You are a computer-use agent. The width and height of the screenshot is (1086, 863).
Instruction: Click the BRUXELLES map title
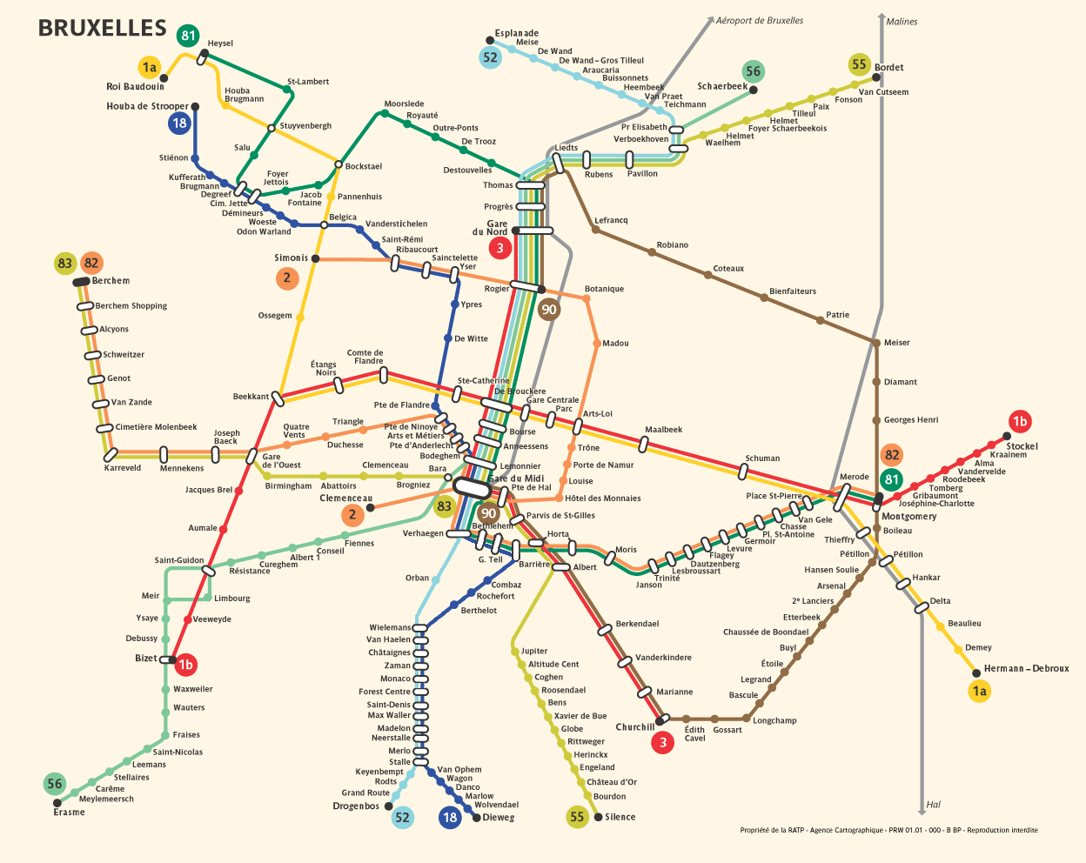(102, 28)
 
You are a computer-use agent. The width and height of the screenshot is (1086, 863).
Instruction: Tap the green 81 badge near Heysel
(188, 36)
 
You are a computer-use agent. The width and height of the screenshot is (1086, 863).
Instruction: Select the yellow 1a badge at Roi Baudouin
(150, 67)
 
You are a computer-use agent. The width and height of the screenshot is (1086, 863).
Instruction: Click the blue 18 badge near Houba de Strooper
(179, 123)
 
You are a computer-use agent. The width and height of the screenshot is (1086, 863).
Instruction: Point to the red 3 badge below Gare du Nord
(499, 248)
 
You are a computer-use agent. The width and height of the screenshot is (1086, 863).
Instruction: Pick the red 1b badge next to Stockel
(1020, 422)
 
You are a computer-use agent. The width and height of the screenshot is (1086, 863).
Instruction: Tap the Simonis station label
(291, 258)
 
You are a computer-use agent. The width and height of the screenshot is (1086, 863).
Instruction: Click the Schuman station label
(762, 458)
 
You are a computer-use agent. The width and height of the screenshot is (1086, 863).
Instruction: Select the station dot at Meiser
(876, 343)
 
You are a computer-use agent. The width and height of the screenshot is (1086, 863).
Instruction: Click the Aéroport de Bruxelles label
(760, 20)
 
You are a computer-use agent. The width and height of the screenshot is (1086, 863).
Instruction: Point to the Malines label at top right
(902, 22)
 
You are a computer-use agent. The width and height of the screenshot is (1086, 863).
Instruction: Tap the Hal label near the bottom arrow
(934, 805)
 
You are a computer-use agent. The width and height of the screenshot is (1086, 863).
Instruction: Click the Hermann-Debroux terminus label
(1026, 668)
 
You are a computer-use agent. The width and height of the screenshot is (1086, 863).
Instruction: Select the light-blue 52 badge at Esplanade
(491, 57)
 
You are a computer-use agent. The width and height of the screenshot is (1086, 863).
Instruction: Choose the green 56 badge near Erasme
(55, 784)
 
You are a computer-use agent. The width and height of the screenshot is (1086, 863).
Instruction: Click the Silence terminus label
(620, 817)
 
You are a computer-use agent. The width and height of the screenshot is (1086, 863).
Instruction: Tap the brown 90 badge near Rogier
(548, 309)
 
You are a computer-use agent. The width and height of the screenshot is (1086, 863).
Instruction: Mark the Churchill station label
(634, 726)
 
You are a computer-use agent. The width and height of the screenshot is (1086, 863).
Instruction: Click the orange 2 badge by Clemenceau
(352, 514)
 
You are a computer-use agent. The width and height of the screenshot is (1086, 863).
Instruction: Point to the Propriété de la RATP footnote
(888, 830)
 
